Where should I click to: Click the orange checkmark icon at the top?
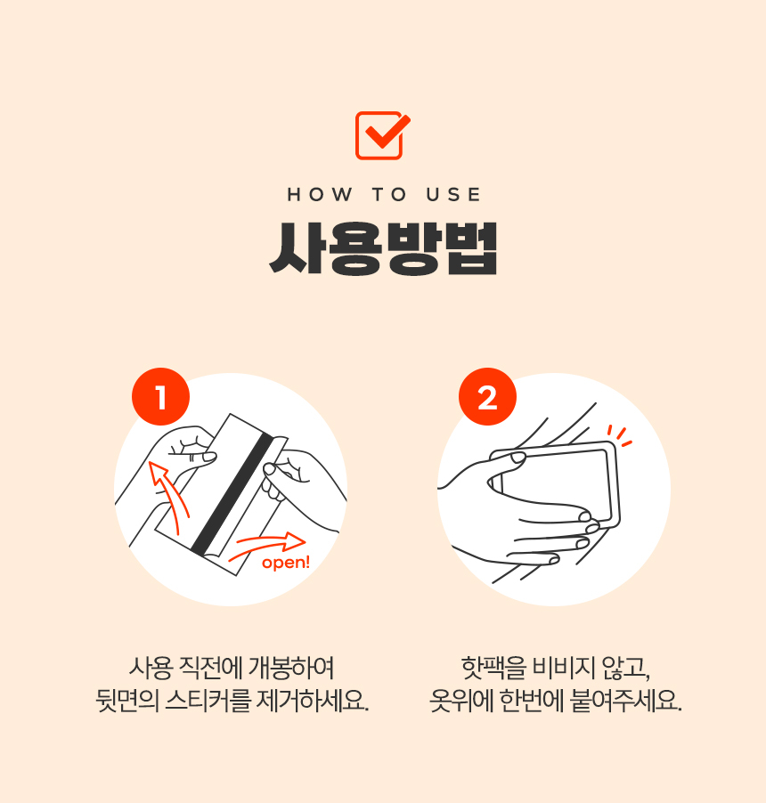click(382, 135)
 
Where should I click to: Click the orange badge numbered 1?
click(160, 398)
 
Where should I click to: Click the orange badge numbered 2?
click(487, 398)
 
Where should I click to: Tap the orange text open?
click(286, 563)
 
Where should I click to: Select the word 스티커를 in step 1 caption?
click(205, 699)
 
